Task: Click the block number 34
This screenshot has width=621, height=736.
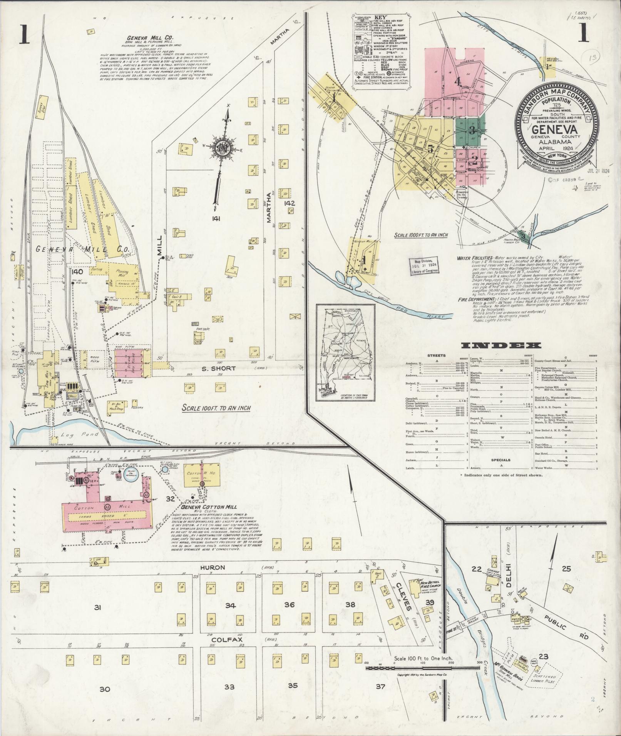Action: click(230, 605)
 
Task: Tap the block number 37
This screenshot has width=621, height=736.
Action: click(380, 686)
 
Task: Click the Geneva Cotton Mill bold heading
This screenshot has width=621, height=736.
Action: click(210, 507)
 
